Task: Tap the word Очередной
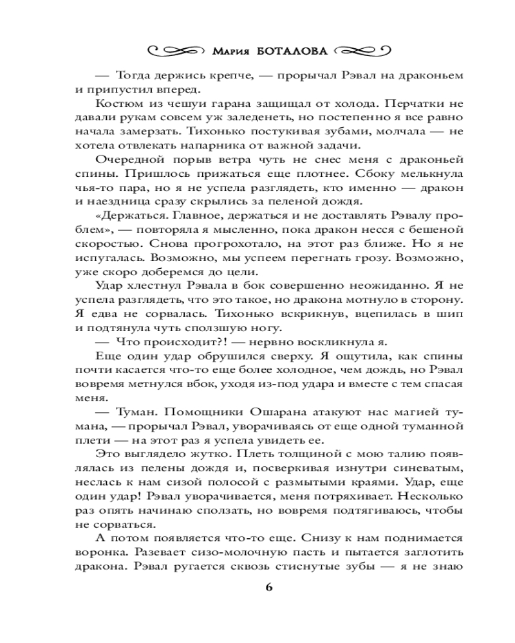point(123,160)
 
